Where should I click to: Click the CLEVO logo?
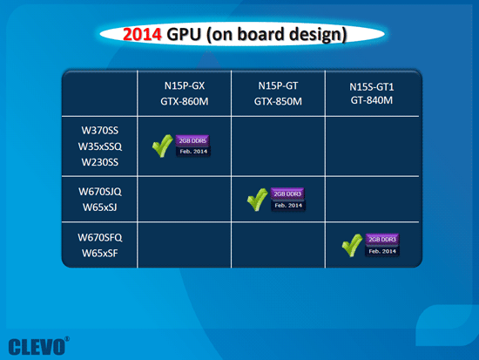[x=37, y=343]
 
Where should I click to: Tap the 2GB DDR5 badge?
[x=192, y=139]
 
